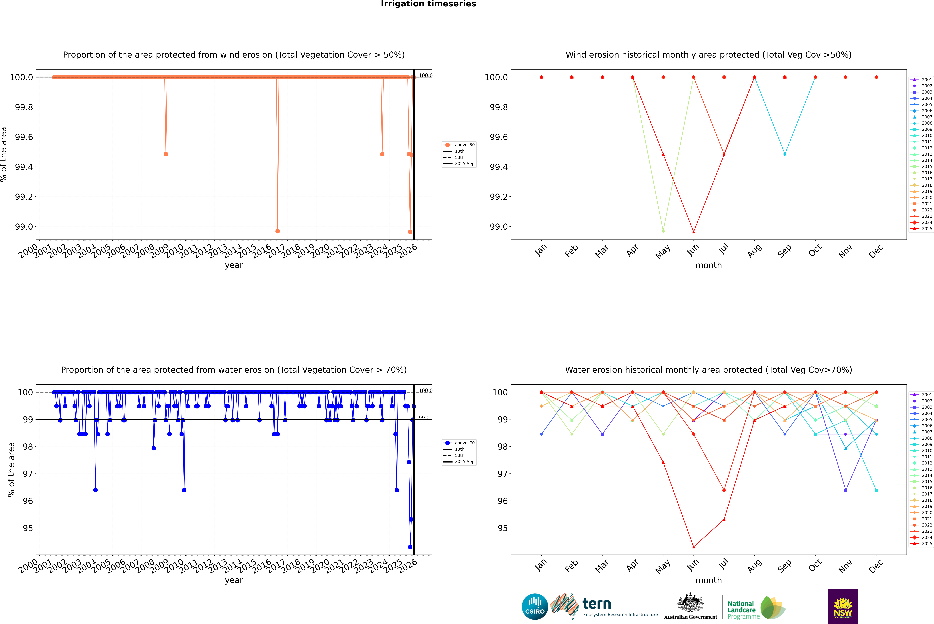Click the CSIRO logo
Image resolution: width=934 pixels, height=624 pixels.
coord(535,607)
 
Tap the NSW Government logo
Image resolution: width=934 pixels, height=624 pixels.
coord(843,607)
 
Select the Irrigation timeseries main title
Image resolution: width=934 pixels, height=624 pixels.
coord(428,4)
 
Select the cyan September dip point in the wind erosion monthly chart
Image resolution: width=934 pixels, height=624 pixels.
coord(785,154)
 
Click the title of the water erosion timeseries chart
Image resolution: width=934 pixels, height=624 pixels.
coord(234,370)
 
